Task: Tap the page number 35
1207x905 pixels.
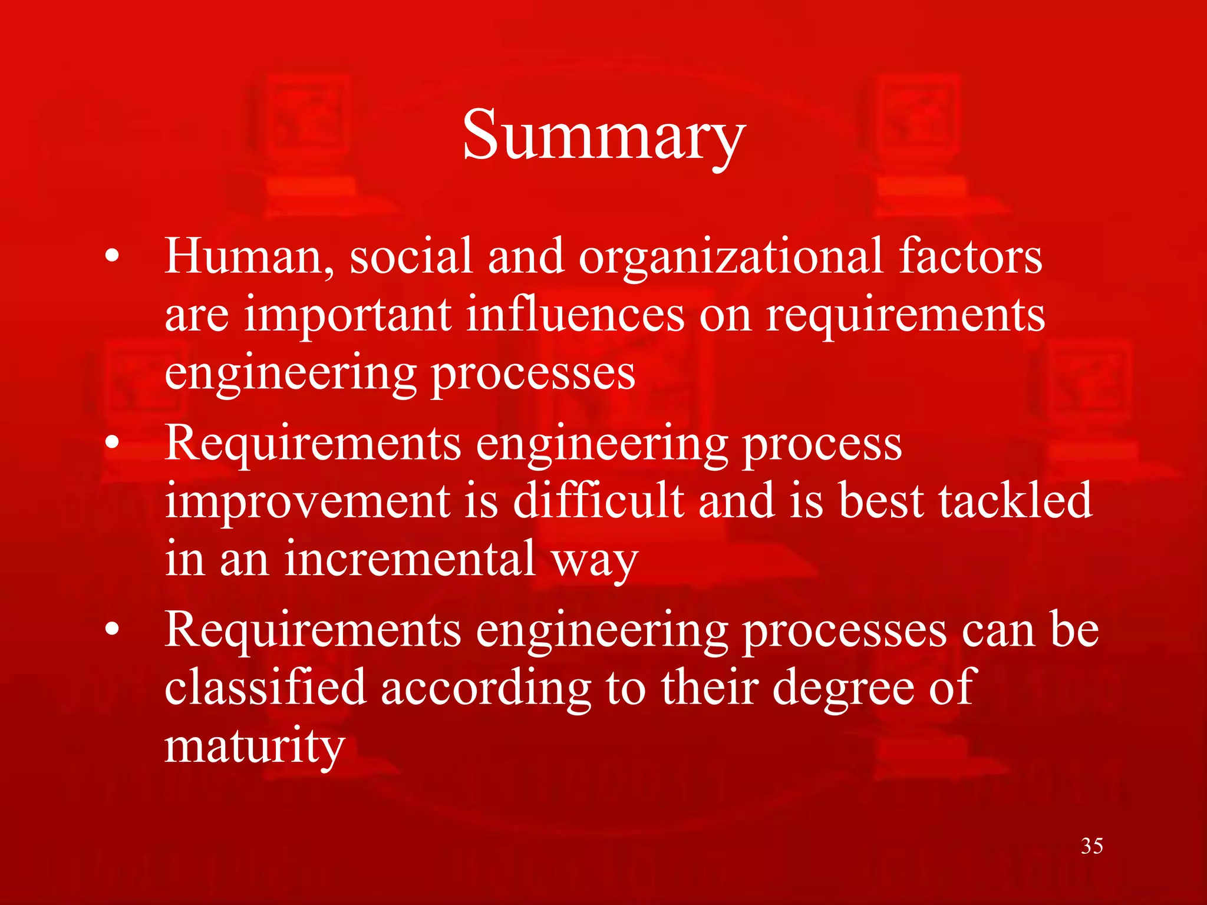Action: (1092, 846)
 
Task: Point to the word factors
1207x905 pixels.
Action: (971, 257)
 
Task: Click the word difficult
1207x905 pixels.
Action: (598, 501)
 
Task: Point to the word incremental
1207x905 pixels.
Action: (410, 559)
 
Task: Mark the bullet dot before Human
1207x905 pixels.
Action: (113, 257)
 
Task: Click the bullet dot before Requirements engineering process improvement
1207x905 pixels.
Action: (113, 443)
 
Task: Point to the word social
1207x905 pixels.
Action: (411, 257)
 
